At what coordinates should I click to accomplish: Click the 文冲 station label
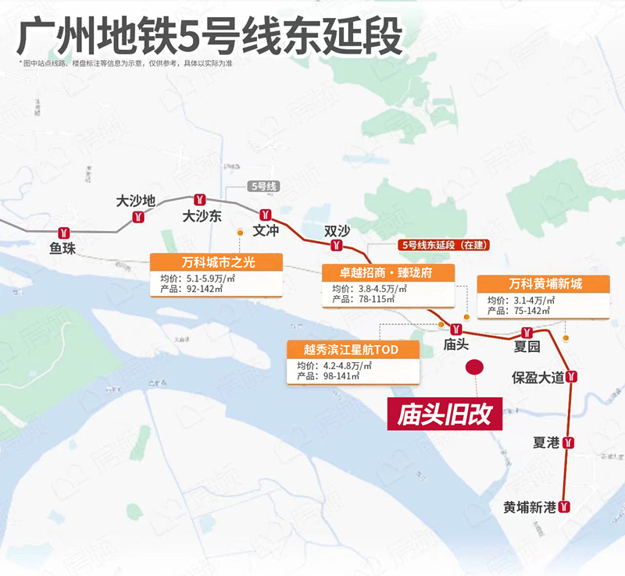266,231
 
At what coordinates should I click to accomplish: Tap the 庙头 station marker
455,328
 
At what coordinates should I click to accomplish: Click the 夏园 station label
527,346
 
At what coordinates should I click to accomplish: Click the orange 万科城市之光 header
215,261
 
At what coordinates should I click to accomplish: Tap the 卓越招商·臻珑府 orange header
387,272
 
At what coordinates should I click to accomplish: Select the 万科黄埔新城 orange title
545,283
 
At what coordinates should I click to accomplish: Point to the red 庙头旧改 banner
445,414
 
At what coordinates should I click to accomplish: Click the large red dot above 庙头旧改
474,367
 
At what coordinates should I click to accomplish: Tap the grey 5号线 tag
262,187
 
